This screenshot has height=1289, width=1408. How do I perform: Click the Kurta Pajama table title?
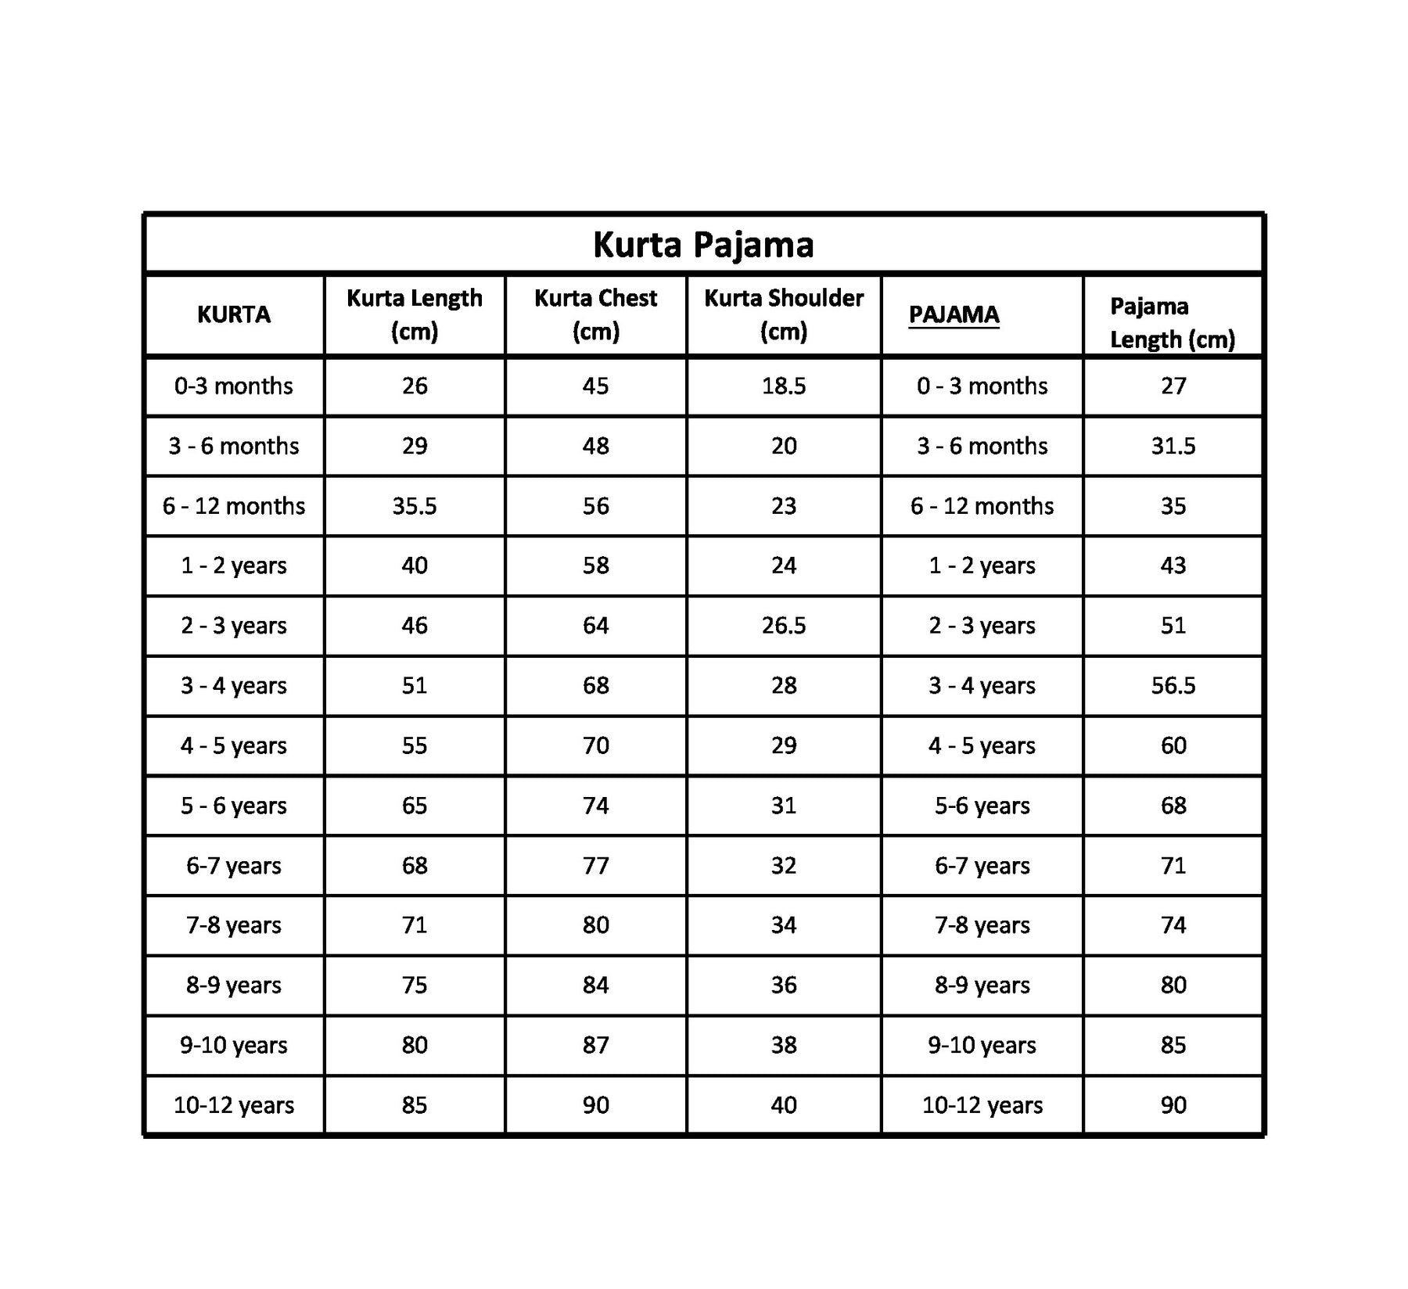(703, 245)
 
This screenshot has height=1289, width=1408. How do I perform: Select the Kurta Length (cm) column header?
(415, 314)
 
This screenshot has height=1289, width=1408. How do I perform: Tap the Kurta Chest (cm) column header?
(595, 314)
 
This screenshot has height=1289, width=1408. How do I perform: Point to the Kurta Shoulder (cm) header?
(784, 314)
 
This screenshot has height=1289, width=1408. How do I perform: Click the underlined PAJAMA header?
(954, 314)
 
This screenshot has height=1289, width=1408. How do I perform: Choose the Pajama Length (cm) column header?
(1172, 322)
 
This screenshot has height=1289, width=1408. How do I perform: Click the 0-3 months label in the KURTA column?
(234, 386)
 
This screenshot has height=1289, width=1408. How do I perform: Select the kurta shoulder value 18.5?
(784, 386)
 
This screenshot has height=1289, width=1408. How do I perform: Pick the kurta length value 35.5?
(415, 506)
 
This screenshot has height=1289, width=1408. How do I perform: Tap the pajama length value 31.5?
(1173, 446)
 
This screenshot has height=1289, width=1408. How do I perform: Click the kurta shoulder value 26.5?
(784, 626)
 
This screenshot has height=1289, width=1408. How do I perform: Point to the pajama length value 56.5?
(1173, 686)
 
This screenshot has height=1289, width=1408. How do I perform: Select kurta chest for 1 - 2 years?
(595, 566)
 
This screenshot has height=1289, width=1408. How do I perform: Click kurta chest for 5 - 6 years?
(595, 806)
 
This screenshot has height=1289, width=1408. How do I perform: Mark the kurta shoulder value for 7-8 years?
(784, 925)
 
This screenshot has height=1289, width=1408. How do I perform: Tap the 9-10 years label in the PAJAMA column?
(982, 1045)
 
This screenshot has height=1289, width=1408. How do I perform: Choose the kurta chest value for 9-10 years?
(595, 1045)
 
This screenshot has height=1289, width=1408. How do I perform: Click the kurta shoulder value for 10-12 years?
(784, 1105)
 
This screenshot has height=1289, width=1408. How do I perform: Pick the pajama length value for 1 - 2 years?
(1173, 566)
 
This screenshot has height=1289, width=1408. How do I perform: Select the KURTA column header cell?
(234, 314)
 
